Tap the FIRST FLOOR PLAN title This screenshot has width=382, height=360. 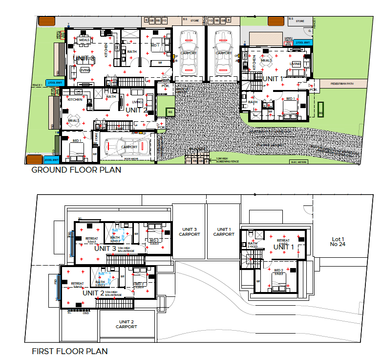pos(69,351)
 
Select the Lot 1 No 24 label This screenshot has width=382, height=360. pos(338,241)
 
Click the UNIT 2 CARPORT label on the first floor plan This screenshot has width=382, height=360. pos(126,324)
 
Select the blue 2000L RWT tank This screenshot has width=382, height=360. pos(51,160)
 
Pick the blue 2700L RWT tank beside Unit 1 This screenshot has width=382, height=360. pos(303,43)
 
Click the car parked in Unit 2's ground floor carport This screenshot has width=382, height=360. pos(128,146)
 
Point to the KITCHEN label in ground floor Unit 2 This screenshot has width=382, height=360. pos(75,99)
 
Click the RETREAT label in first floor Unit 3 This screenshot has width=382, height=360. pos(91,239)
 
